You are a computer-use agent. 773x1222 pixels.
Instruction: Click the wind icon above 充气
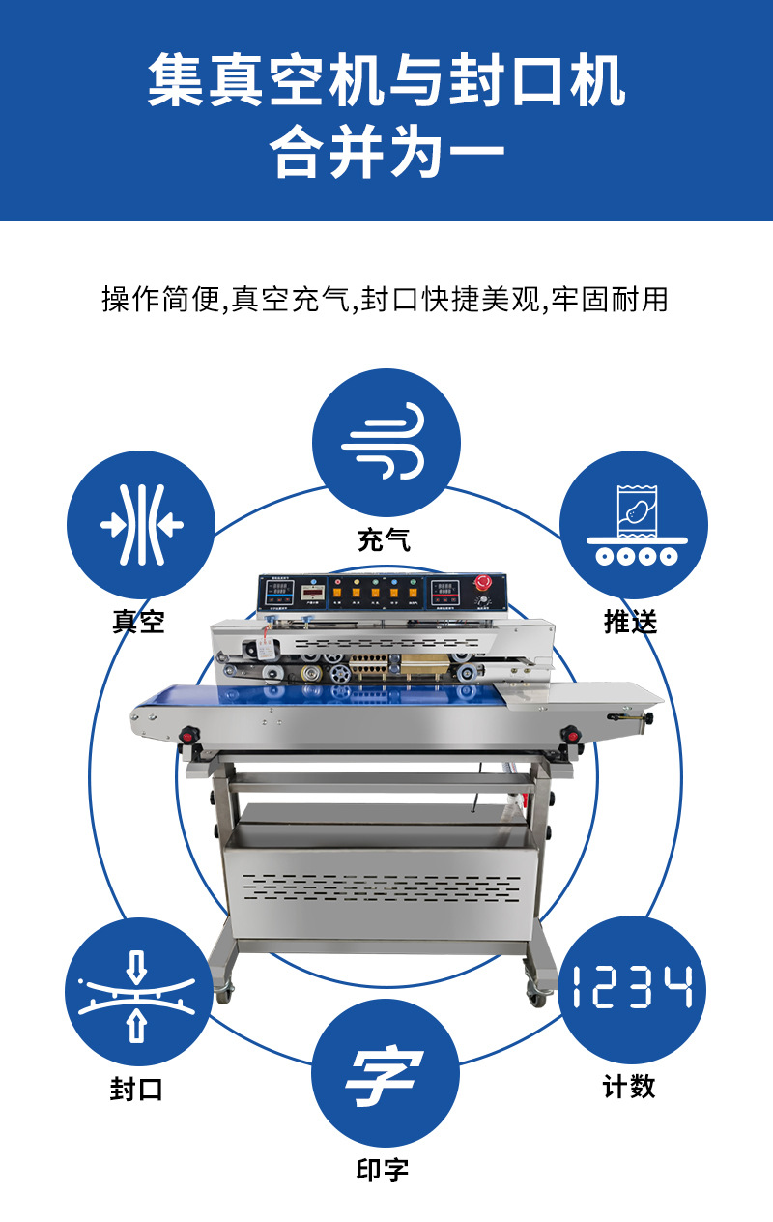[386, 443]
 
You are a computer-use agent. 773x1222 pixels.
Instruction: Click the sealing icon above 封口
[138, 992]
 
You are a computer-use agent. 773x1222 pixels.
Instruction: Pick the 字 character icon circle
[386, 1073]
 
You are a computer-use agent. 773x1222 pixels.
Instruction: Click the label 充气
[384, 539]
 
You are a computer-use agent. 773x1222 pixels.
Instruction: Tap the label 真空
[138, 622]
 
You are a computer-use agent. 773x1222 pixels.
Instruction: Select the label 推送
[630, 622]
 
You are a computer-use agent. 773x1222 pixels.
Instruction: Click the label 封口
[136, 1090]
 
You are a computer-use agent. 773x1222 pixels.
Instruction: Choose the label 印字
[383, 1170]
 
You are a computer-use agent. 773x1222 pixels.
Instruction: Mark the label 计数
[629, 1087]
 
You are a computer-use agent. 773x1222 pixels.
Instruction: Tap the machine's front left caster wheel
[221, 990]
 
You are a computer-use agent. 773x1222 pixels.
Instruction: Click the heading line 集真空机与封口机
[386, 82]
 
